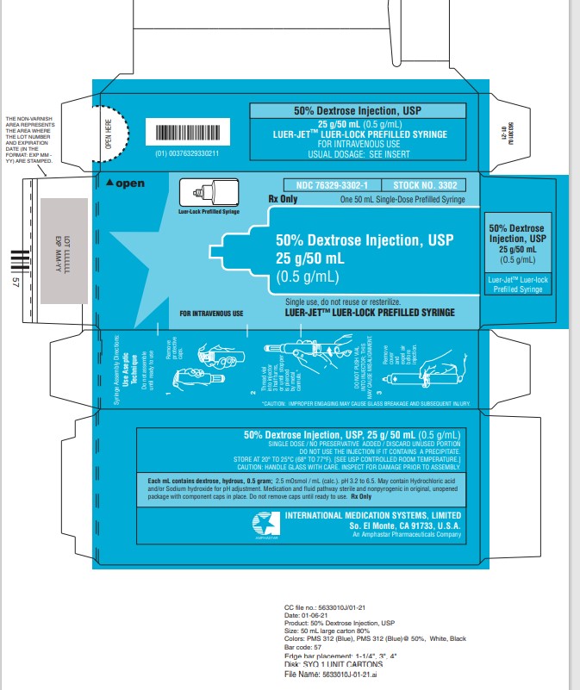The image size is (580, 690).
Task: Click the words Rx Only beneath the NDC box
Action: click(x=284, y=198)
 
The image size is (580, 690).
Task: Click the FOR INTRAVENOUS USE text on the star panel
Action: click(x=211, y=313)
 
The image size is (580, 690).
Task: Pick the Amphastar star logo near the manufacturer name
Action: click(x=260, y=522)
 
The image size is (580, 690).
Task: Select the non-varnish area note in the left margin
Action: click(x=27, y=141)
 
